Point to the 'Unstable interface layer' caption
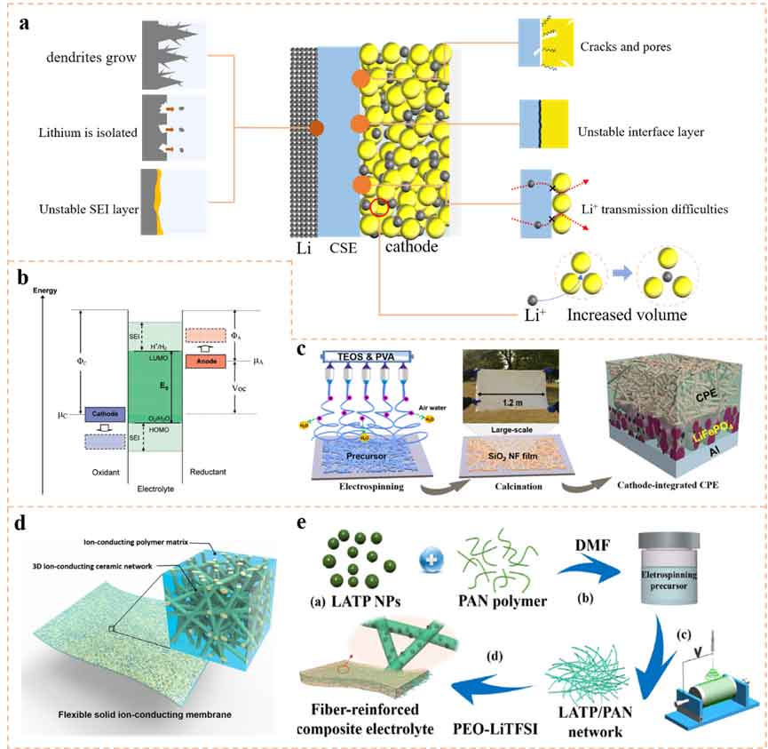tap(641, 132)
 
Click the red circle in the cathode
tap(379, 209)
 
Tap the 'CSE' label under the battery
tap(341, 248)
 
